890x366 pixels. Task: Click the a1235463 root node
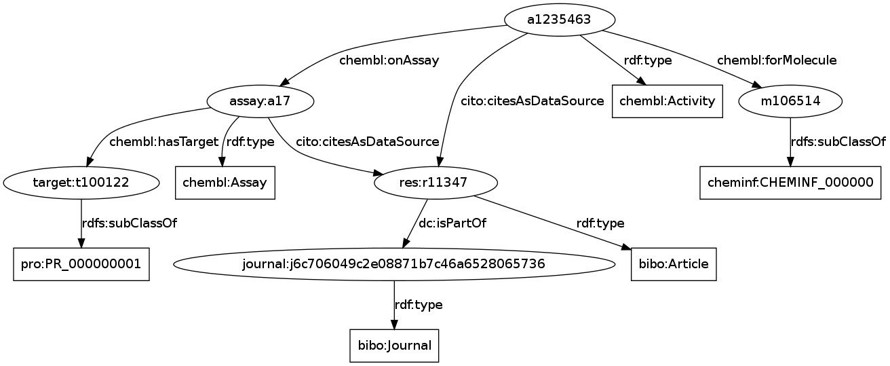coord(560,20)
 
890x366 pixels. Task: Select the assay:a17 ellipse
coord(260,101)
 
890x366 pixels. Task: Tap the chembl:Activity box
coord(667,101)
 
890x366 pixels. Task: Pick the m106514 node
coord(790,101)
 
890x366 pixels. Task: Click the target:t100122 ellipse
coord(81,183)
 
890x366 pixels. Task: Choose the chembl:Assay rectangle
coord(225,183)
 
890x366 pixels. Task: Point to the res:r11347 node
coord(436,183)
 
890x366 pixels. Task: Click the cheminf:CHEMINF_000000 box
coord(790,183)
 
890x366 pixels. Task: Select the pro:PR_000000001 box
coord(81,264)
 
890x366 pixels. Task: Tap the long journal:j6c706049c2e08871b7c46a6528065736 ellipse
coord(394,264)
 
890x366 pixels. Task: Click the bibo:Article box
coord(674,264)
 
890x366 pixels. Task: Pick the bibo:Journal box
coord(394,346)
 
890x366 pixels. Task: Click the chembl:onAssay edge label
coord(389,60)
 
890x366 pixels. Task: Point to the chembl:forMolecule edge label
coord(777,60)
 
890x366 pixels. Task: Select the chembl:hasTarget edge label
coord(163,142)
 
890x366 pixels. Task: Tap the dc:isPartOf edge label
coord(452,223)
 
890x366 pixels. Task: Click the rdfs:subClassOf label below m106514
coord(838,142)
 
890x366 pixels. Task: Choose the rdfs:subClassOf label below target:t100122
coord(129,223)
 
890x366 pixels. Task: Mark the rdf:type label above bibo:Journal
coord(419,305)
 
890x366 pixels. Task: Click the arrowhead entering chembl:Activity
coord(642,81)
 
